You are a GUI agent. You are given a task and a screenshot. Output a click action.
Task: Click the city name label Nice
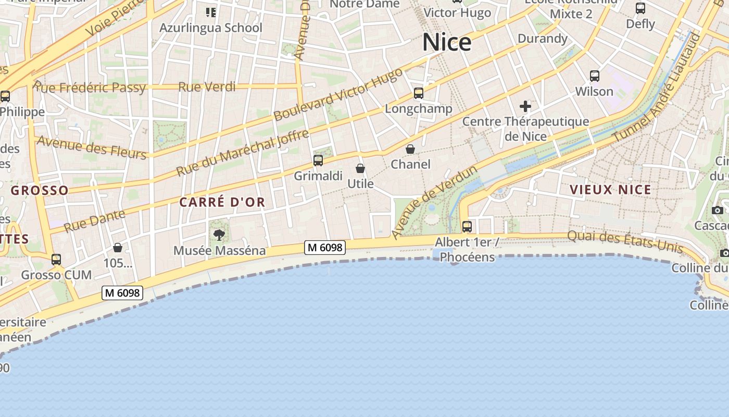[x=447, y=42]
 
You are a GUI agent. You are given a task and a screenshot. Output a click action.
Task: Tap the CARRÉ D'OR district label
[x=222, y=202]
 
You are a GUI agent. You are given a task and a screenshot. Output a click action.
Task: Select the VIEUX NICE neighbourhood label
[x=611, y=190]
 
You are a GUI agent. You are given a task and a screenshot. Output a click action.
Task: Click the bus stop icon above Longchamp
[x=419, y=93]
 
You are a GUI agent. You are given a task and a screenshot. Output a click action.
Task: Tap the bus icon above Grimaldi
[x=318, y=161]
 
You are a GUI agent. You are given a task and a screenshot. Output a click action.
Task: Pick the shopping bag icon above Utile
[x=360, y=168]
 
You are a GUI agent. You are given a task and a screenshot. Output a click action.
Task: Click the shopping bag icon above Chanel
[x=410, y=149]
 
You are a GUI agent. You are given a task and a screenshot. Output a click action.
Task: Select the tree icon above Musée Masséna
[x=219, y=235]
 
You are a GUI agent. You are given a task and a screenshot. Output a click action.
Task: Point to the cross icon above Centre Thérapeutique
[x=525, y=107]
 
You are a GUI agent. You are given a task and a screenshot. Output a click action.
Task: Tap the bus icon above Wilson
[x=595, y=76]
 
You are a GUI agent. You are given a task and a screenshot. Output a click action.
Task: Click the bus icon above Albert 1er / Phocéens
[x=467, y=227]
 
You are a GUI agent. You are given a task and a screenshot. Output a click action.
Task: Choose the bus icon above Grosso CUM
[x=56, y=259]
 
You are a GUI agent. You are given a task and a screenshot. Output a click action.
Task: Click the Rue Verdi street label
[x=207, y=87]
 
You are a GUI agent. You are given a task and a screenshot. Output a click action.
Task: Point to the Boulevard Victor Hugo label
[x=338, y=94]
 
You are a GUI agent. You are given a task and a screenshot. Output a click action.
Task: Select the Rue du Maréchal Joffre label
[x=242, y=153]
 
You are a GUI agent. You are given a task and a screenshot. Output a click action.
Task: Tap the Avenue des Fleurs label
[x=92, y=147]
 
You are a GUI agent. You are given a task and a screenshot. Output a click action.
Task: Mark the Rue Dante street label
[x=94, y=220]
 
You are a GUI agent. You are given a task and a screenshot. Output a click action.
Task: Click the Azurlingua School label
[x=211, y=28]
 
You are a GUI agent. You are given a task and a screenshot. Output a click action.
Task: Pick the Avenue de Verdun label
[x=434, y=202]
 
